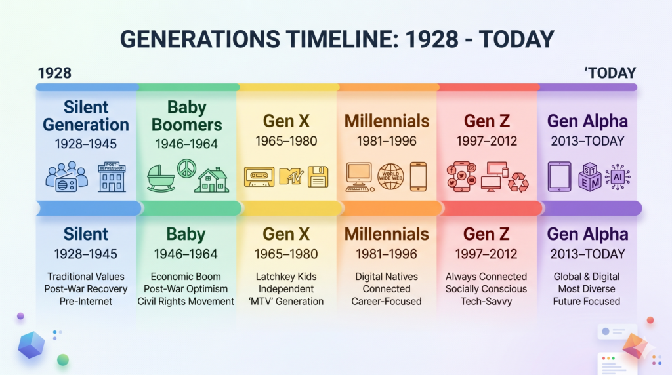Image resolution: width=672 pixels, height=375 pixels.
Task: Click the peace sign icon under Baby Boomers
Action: [186, 168]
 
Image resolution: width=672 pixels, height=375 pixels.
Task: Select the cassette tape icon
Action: [259, 177]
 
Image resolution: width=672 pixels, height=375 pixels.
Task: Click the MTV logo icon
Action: [291, 176]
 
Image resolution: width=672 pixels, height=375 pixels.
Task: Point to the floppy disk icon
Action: [318, 177]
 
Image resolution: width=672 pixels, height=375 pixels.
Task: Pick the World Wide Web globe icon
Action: [390, 176]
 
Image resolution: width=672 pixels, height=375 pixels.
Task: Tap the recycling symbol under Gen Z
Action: [518, 182]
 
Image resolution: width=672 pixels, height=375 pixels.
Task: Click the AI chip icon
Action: [618, 176]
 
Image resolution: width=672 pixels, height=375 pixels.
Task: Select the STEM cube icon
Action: [590, 177]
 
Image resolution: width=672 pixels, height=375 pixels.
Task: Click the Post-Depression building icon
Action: [112, 177]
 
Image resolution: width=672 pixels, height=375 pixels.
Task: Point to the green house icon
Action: [212, 180]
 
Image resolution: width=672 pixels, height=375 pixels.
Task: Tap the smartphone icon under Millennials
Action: [418, 176]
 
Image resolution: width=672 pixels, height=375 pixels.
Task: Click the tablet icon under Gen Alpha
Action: [560, 176]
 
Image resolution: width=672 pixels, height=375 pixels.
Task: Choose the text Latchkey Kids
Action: [286, 277]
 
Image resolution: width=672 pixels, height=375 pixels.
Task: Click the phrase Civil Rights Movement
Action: [186, 302]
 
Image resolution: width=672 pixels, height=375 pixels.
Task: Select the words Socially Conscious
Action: [486, 289]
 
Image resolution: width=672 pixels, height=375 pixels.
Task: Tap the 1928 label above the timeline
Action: [54, 73]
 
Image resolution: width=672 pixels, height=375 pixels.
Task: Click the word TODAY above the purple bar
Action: [612, 73]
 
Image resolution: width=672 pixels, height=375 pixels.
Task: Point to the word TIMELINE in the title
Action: [343, 39]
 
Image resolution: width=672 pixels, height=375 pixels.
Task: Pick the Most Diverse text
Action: [587, 289]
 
